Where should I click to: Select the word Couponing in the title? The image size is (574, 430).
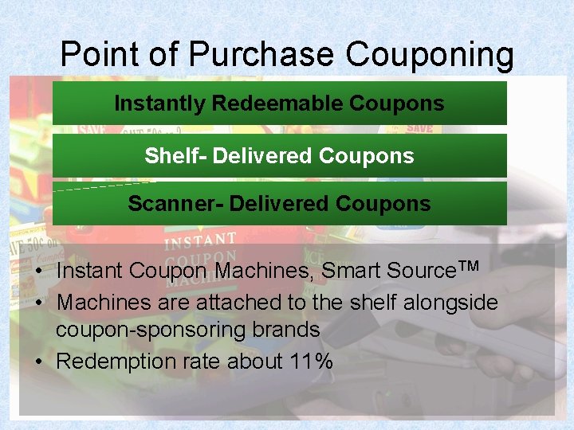click(430, 54)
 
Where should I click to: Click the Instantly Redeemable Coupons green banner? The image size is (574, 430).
click(279, 104)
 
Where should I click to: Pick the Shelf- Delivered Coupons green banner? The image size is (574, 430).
click(279, 155)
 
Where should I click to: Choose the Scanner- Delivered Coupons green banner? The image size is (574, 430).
click(279, 204)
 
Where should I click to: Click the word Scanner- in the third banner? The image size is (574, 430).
click(175, 204)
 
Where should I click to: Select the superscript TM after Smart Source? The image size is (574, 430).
click(469, 266)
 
